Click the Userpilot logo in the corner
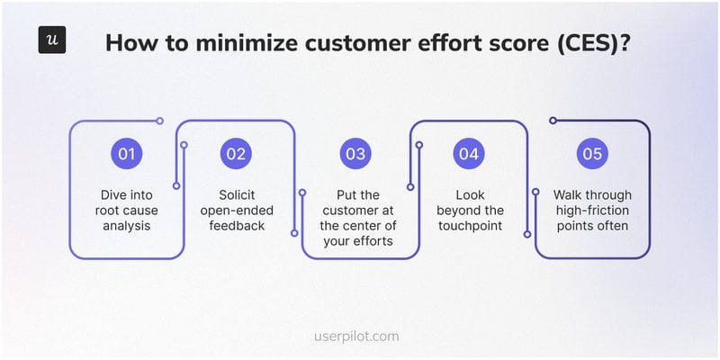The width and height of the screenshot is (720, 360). [x=51, y=40]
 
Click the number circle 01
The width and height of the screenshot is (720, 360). [x=126, y=154]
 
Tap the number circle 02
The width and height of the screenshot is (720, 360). [x=236, y=154]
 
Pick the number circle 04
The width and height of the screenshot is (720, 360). [x=468, y=154]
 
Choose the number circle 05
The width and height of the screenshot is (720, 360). [x=591, y=154]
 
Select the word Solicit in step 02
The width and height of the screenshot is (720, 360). [x=236, y=195]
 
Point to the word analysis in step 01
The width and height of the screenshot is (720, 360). [x=126, y=226]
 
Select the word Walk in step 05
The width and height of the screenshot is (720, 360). [x=569, y=195]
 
